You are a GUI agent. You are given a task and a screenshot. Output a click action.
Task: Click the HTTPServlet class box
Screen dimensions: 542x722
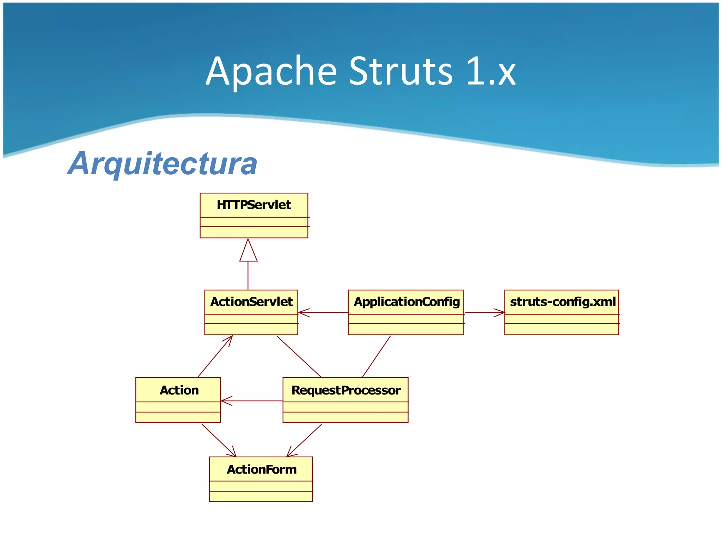[254, 215]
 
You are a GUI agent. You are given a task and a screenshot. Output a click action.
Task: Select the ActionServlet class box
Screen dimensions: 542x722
[251, 312]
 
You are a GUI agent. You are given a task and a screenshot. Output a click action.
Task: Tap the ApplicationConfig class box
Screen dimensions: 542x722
[405, 312]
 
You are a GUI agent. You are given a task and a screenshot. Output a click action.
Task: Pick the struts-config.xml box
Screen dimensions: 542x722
[561, 312]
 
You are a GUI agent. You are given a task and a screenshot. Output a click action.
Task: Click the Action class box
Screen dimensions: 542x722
[178, 400]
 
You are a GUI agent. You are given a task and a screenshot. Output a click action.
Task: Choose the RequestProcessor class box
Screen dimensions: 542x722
[345, 400]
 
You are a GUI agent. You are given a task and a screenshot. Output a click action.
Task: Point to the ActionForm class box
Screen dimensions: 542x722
[261, 479]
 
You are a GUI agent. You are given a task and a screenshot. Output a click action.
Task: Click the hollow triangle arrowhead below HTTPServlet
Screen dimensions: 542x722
[248, 251]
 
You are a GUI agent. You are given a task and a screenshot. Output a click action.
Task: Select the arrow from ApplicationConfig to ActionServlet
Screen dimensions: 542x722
[323, 312]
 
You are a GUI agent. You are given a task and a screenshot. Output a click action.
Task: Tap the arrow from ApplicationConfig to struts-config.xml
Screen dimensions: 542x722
[484, 312]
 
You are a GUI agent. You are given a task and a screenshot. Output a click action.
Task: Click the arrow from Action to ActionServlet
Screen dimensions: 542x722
[215, 356]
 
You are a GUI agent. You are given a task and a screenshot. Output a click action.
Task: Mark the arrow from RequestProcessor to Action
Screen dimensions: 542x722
[252, 401]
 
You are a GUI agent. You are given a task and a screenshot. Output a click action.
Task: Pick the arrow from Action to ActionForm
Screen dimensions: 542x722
[219, 440]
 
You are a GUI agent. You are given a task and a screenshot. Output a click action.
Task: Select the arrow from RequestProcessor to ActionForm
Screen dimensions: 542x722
[304, 440]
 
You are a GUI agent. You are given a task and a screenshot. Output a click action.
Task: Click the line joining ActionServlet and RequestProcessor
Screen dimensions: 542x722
[299, 356]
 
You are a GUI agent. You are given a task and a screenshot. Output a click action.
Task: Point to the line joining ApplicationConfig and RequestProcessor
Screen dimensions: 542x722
[376, 356]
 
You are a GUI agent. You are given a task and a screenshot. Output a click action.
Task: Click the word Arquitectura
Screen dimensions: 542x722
[163, 164]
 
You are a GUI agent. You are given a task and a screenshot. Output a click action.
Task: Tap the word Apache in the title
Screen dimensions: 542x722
[271, 72]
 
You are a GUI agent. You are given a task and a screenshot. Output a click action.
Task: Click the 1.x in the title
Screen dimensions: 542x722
[491, 72]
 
